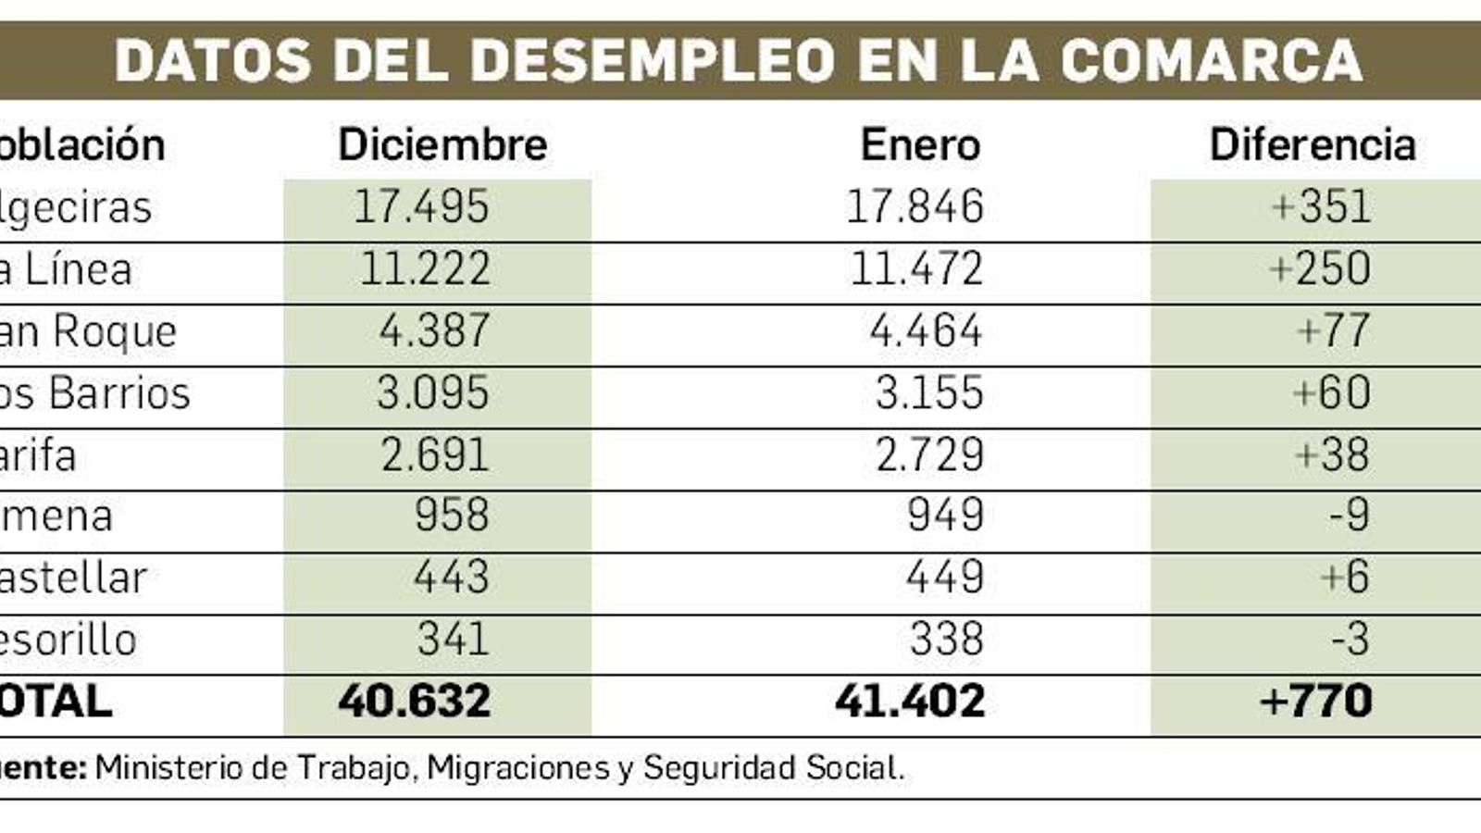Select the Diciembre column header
[442, 145]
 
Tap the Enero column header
[920, 145]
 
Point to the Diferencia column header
[1313, 145]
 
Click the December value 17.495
[421, 206]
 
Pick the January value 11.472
[915, 269]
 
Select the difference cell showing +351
[1321, 206]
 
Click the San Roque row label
[88, 331]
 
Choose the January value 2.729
[928, 454]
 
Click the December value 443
[451, 578]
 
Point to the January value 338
[946, 640]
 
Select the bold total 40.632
[415, 702]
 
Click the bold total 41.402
[910, 702]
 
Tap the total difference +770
[1315, 702]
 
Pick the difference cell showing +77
[1333, 331]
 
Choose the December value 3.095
[432, 393]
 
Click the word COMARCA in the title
[1211, 60]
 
